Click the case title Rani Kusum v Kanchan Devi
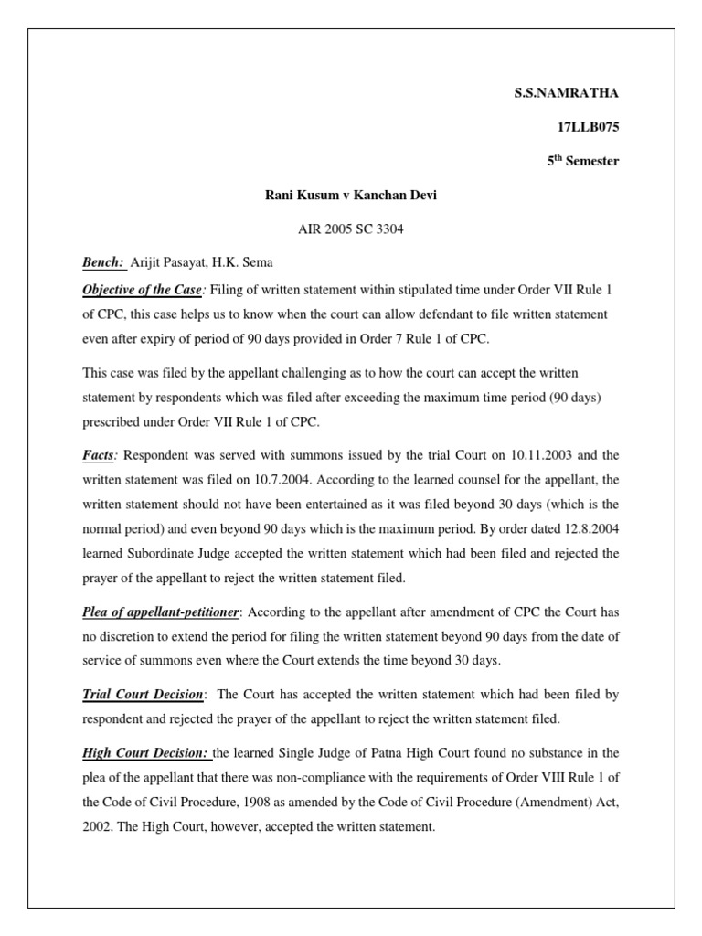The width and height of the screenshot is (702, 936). tap(350, 195)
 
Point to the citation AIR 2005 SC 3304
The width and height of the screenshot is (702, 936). tap(350, 229)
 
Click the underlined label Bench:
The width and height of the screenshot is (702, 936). tap(103, 263)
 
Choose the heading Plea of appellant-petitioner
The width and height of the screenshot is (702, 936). tap(161, 612)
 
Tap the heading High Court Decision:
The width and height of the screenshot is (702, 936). tap(145, 753)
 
